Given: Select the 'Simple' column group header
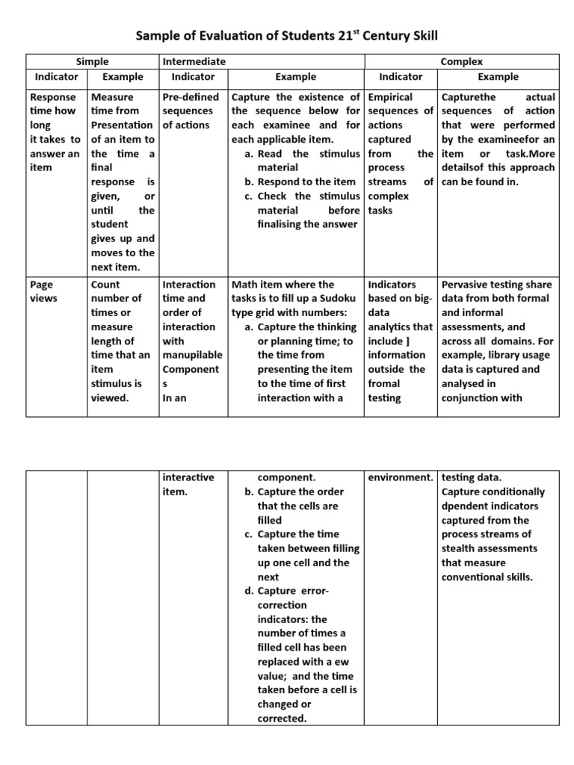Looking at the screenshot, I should (93, 62).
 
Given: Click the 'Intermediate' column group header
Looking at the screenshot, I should (194, 62).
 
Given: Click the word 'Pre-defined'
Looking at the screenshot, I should (191, 97).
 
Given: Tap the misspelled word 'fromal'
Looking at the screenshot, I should (385, 383).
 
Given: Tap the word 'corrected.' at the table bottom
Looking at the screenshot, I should (281, 719).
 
